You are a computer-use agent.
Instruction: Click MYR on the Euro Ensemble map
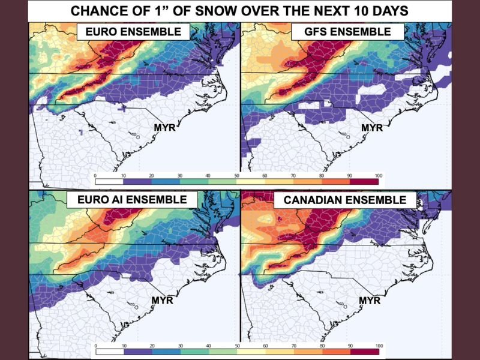click(162, 128)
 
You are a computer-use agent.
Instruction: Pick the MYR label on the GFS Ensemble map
click(372, 128)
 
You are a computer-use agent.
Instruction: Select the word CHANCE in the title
click(95, 11)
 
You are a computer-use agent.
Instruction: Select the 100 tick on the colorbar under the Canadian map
click(378, 346)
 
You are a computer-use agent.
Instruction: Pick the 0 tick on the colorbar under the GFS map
click(95, 175)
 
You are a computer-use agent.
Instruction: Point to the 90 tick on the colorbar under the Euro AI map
click(350, 346)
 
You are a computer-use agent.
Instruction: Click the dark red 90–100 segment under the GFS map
click(364, 180)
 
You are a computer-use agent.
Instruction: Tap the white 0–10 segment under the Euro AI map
click(110, 351)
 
